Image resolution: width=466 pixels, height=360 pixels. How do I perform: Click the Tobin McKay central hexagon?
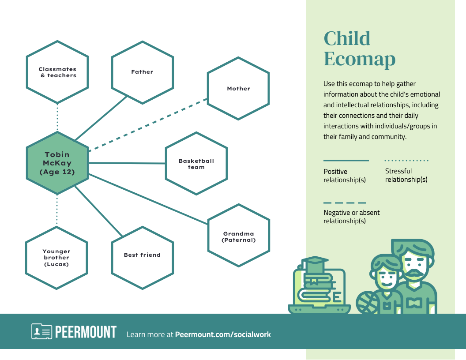(x=57, y=163)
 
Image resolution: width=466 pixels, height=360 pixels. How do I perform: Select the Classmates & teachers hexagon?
(x=57, y=72)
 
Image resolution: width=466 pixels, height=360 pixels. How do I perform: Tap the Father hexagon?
(x=142, y=72)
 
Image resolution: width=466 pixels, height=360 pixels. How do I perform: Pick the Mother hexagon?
(x=238, y=88)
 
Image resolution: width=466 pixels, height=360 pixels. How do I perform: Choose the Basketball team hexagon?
(x=196, y=164)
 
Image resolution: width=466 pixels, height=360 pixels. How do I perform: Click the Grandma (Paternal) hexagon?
(x=238, y=236)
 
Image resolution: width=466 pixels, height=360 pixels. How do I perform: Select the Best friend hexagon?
(x=142, y=255)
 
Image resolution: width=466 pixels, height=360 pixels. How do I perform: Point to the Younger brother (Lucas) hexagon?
(x=56, y=258)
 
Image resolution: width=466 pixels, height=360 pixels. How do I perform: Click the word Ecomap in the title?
(x=359, y=59)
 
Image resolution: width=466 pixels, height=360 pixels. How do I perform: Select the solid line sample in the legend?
(x=346, y=161)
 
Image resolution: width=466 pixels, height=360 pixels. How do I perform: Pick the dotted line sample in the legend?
(x=406, y=161)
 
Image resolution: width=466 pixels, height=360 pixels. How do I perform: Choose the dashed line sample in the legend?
(x=345, y=203)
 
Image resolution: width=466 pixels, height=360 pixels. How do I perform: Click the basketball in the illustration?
(x=367, y=303)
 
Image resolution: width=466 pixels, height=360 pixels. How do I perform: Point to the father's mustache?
(x=413, y=274)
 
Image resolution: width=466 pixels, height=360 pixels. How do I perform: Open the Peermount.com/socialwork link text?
(x=223, y=334)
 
